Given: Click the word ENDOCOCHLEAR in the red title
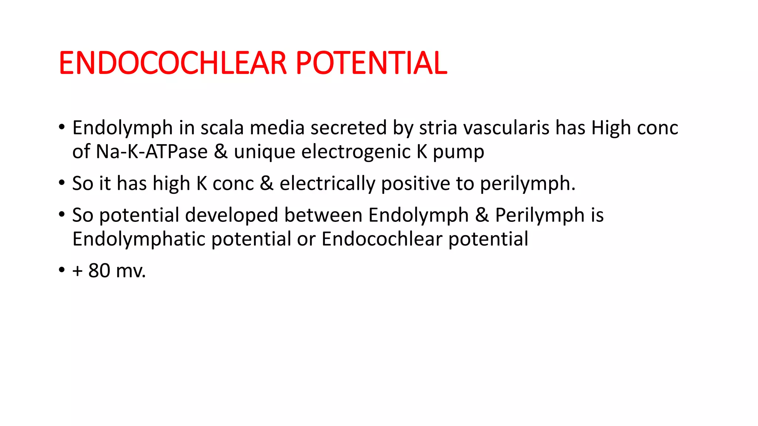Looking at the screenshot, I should click(173, 63).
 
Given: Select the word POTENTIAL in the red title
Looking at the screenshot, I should click(371, 63).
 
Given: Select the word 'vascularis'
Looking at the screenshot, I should click(506, 128).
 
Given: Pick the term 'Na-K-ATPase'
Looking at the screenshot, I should click(152, 152).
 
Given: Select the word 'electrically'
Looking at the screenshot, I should click(327, 184).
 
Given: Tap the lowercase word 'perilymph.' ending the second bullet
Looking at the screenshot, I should click(528, 184).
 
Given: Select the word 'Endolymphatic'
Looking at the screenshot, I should click(139, 239).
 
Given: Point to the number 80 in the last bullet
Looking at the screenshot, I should click(99, 271).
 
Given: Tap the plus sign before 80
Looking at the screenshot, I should click(77, 271).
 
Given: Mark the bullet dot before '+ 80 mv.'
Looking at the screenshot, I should click(61, 270).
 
